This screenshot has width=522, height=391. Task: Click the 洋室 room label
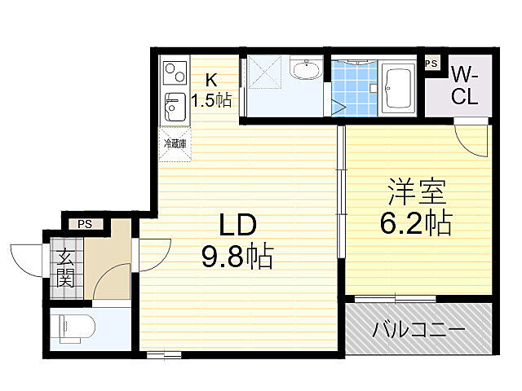[x=416, y=193]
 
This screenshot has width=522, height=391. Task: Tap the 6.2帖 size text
[x=416, y=222]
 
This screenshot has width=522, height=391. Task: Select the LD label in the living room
[x=237, y=226]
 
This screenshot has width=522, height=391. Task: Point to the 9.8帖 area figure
[x=237, y=257]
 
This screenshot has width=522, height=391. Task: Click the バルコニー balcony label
[x=419, y=330]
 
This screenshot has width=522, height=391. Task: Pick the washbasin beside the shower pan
[x=307, y=72]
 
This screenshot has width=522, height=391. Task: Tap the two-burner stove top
[x=175, y=73]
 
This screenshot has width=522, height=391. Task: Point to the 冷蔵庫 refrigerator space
[x=175, y=144]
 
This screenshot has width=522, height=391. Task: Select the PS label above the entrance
[x=85, y=224]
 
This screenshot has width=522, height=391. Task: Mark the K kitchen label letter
[x=211, y=80]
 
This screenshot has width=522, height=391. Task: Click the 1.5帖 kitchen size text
[x=211, y=101]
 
